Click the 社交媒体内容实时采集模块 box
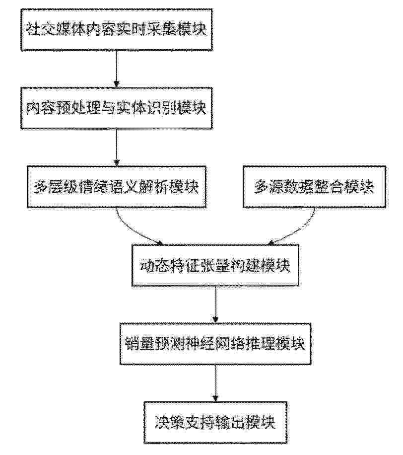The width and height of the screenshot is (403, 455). pos(116,30)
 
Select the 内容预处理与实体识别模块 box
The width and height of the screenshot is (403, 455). pos(116,108)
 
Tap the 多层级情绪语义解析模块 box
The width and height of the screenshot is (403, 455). pos(117,187)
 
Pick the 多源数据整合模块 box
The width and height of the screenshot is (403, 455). pos(314,187)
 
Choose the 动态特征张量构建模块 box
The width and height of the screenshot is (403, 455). pos(215,265)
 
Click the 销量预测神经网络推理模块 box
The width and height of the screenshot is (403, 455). pos(215,344)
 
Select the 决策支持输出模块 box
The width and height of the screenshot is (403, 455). pos(215,423)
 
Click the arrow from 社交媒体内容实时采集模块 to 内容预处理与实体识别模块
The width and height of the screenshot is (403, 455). pos(116,69)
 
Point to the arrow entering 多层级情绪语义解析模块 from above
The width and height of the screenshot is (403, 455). pos(116,148)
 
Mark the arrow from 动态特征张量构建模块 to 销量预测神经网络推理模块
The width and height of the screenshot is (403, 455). pos(215,304)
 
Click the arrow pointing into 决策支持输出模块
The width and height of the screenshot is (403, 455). pos(215,383)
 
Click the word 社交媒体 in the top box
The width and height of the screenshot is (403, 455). pos(56,30)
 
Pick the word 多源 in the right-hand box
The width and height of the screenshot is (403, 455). pos(269,187)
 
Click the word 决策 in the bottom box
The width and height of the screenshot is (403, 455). pos(170,423)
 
